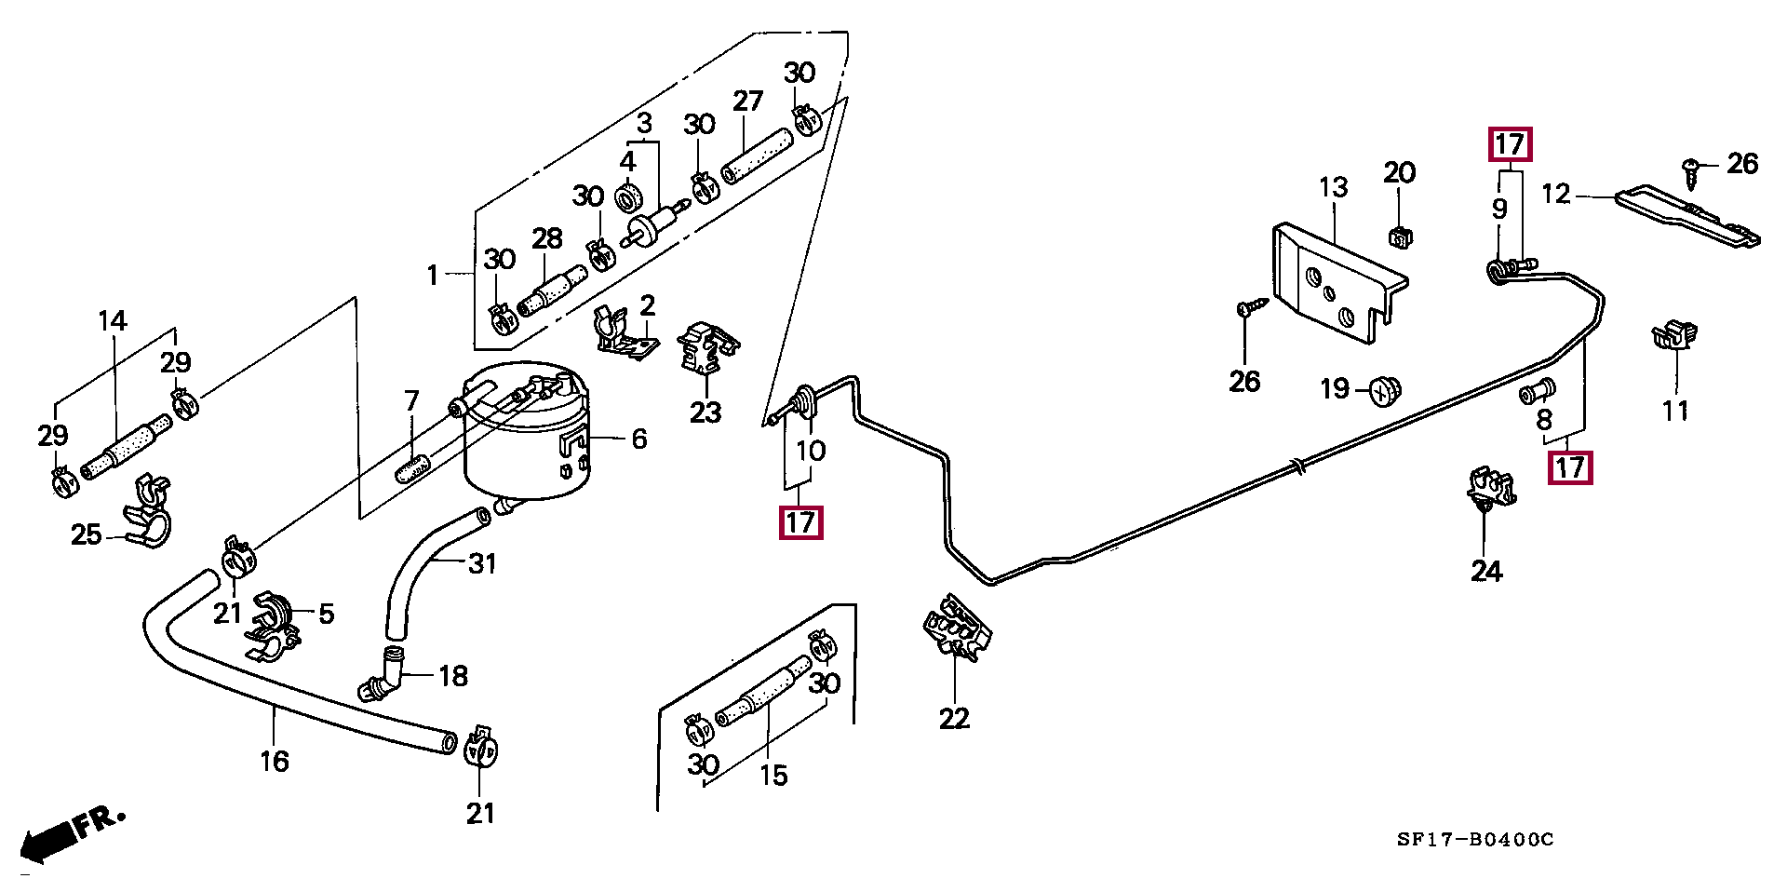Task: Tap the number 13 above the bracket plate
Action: (x=1333, y=188)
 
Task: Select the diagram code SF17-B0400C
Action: (x=1475, y=840)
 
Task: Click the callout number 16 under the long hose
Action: (x=275, y=762)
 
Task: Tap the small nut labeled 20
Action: (x=1398, y=237)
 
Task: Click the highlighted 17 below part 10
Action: (x=800, y=522)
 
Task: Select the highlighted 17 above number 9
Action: (x=1509, y=145)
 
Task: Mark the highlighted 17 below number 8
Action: (x=1570, y=466)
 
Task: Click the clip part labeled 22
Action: (x=956, y=628)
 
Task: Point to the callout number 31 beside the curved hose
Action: (x=481, y=563)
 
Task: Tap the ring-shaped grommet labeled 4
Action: (x=630, y=197)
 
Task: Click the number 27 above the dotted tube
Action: (x=747, y=101)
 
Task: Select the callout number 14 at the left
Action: (x=113, y=322)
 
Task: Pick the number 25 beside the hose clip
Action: (x=86, y=534)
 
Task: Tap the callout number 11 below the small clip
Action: (x=1675, y=411)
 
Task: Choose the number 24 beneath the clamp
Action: (x=1486, y=571)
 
